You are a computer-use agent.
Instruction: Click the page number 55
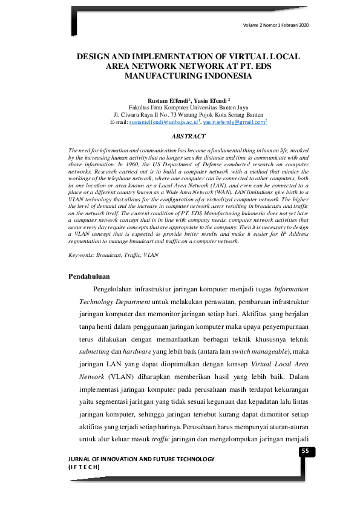pyautogui.click(x=305, y=450)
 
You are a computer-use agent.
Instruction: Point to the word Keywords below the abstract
pyautogui.click(x=81, y=255)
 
